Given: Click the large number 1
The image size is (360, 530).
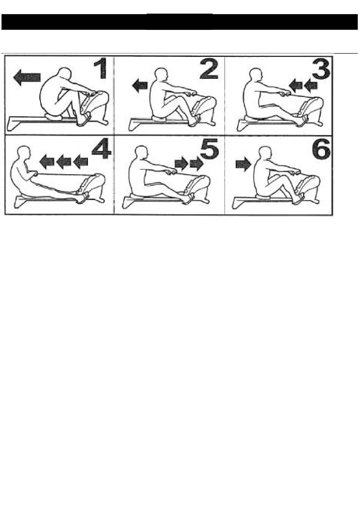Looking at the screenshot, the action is coord(101,69).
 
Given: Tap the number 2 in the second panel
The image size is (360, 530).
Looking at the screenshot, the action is coord(209,69).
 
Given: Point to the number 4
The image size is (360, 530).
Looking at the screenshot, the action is coord(102,149).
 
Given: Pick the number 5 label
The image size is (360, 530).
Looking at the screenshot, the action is coord(210,149).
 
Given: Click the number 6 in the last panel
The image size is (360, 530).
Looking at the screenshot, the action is coord(321,149).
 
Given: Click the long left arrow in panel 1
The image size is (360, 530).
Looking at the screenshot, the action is coord(27,77).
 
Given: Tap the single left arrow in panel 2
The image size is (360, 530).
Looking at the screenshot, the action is coord(140,86).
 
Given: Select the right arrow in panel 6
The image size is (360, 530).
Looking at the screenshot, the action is coord(243,164).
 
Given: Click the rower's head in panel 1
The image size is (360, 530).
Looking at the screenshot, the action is coord(64,74).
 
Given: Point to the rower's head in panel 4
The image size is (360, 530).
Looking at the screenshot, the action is coord(24,152).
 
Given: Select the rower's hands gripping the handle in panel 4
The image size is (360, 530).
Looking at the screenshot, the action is coord(34,174).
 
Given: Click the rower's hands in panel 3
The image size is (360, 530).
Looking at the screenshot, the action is coord(285,94).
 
